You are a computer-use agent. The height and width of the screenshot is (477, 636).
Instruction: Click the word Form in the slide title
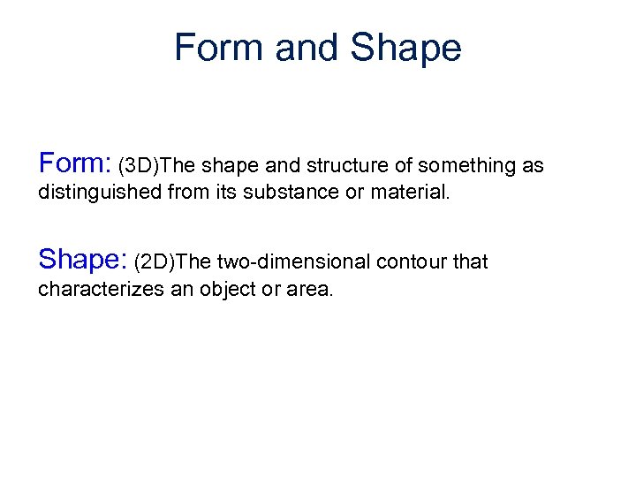tap(220, 48)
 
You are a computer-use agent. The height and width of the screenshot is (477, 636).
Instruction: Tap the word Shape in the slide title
tap(405, 48)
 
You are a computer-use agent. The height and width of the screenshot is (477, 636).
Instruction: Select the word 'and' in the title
tap(308, 48)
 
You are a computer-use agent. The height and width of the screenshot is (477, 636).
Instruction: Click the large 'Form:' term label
tap(74, 163)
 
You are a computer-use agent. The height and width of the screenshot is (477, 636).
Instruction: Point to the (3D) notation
tap(140, 165)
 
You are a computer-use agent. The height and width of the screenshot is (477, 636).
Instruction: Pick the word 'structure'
tap(334, 165)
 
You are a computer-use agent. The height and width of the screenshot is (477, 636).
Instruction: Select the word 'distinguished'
tap(102, 192)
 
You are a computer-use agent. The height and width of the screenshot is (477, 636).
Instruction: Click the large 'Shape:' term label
tap(83, 259)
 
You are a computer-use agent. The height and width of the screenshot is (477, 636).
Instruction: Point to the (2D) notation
tap(155, 261)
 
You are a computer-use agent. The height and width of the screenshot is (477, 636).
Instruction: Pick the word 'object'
tap(223, 289)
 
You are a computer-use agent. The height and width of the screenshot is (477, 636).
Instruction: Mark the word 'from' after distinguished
tap(189, 192)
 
